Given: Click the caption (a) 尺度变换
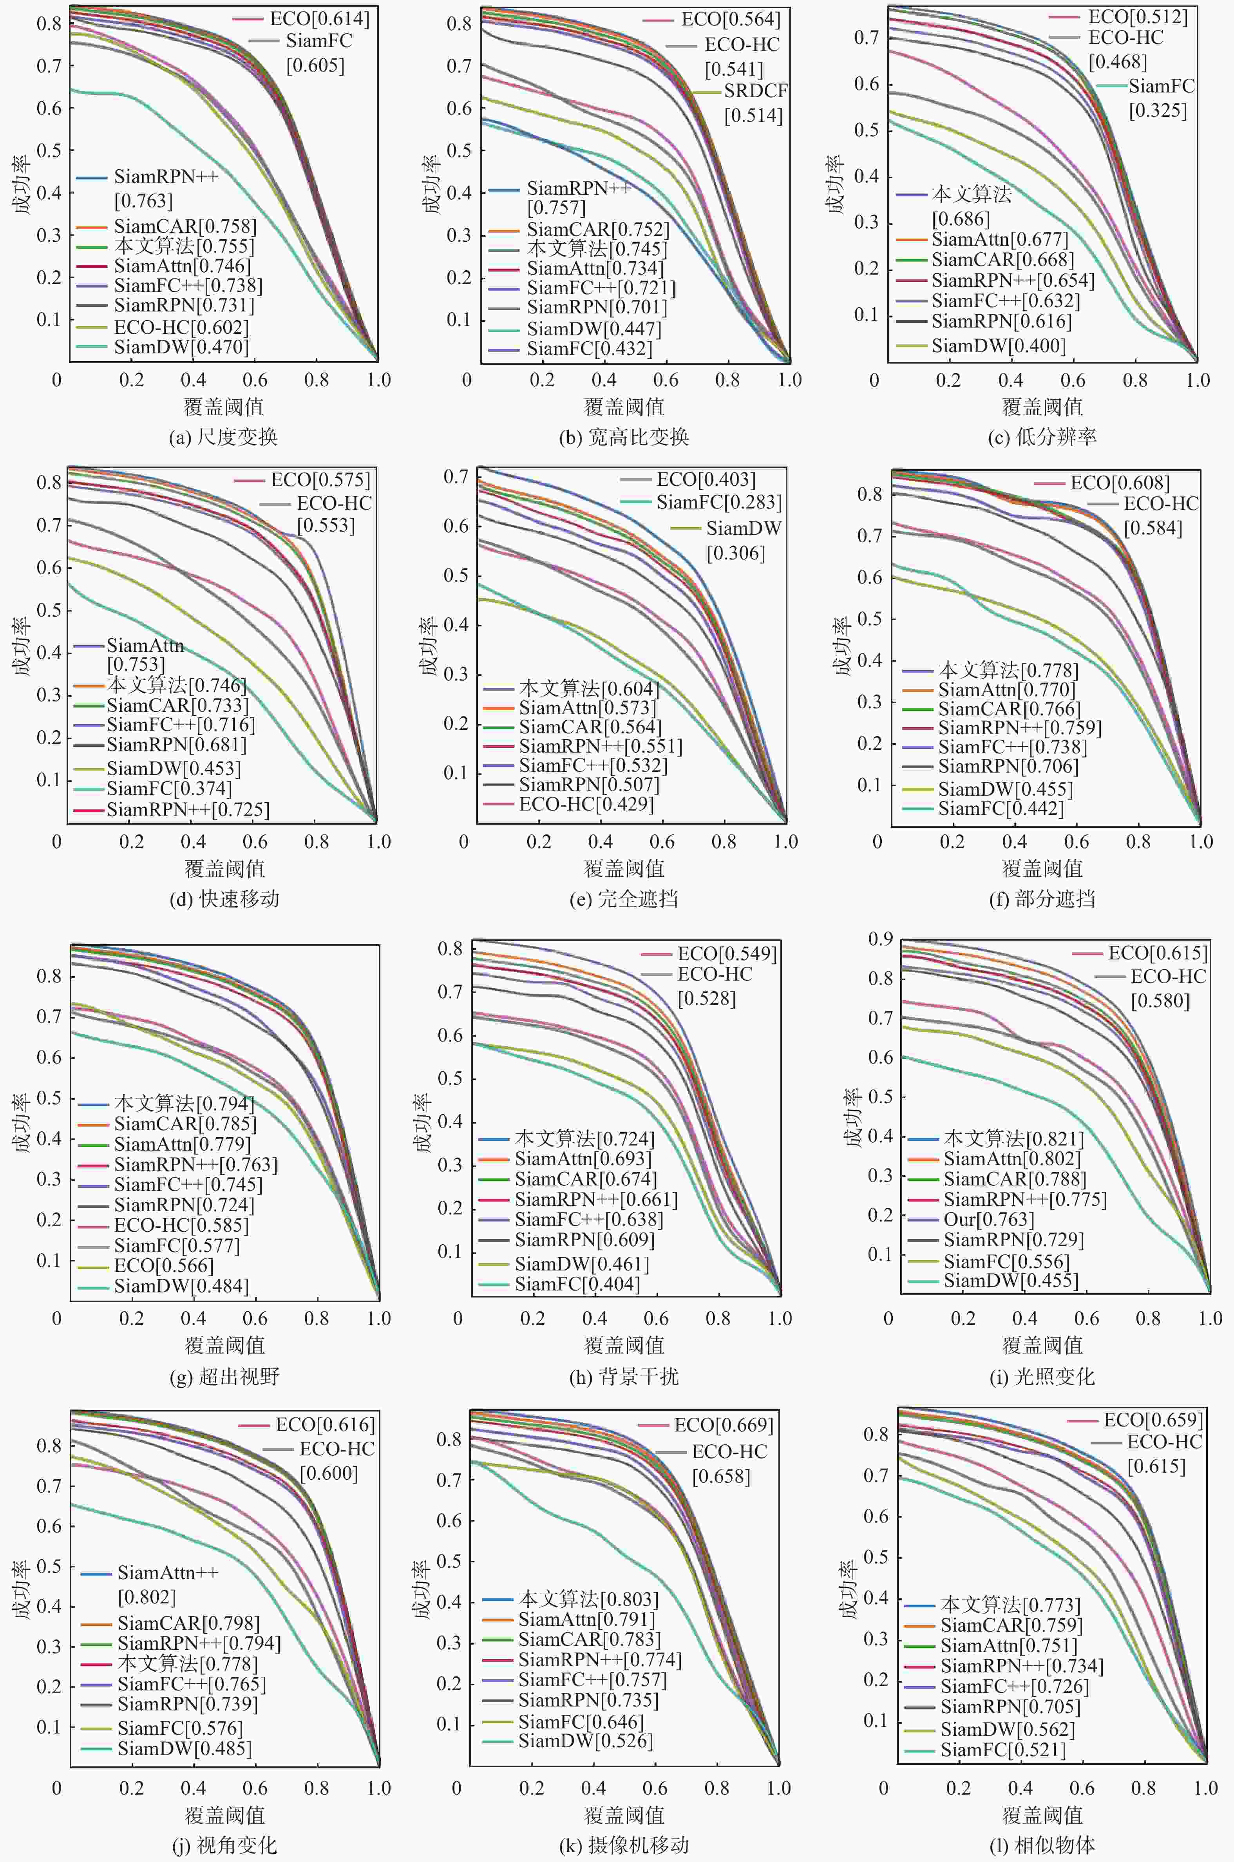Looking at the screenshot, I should (x=224, y=437).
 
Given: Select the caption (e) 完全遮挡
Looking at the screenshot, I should (x=624, y=899).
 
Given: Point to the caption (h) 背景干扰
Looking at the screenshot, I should (x=624, y=1377).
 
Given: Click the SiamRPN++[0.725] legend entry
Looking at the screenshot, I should (x=187, y=810).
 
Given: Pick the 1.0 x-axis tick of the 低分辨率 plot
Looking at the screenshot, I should (x=1197, y=380).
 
